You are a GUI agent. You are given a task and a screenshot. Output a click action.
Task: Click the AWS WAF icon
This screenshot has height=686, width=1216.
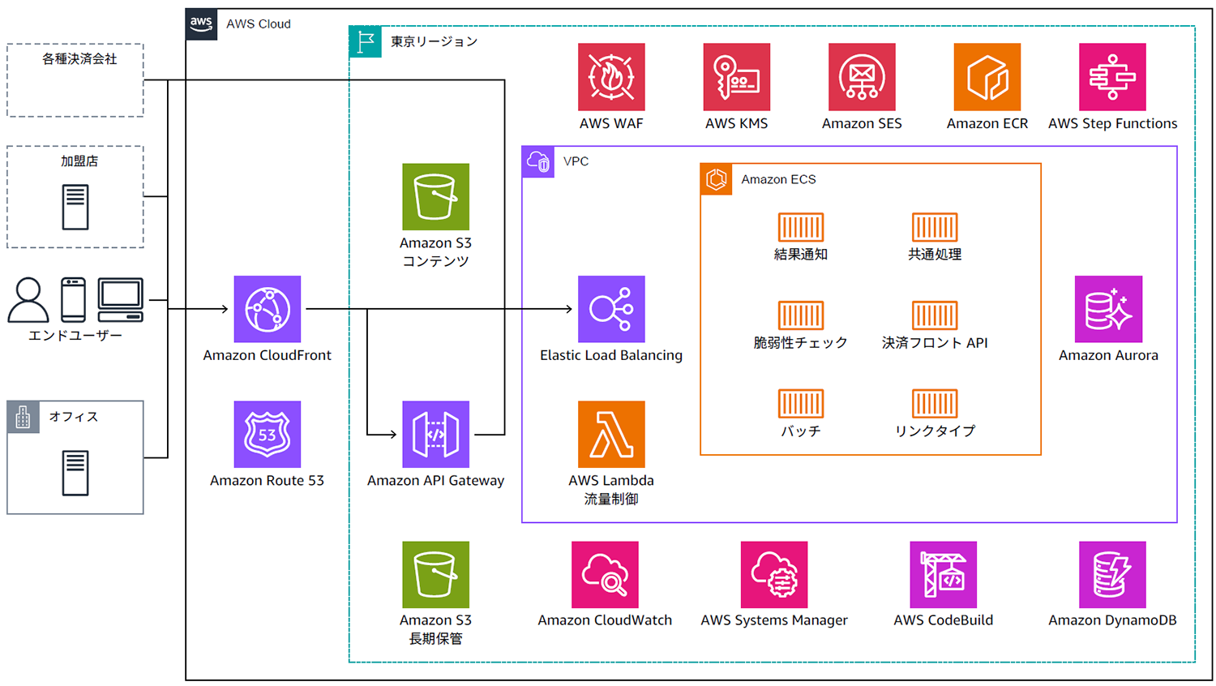tap(611, 77)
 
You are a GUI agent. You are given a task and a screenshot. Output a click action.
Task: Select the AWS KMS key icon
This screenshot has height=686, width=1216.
tap(736, 77)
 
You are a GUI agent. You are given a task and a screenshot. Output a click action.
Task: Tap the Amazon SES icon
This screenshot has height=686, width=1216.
tap(862, 77)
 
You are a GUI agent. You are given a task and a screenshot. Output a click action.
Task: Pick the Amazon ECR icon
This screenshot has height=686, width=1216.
tap(987, 77)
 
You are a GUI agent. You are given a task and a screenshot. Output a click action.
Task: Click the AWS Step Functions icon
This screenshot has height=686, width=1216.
tap(1112, 77)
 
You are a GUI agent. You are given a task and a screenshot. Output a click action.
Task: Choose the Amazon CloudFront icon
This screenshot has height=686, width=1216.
tap(268, 309)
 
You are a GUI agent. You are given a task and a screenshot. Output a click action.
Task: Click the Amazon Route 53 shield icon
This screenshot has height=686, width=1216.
tap(268, 434)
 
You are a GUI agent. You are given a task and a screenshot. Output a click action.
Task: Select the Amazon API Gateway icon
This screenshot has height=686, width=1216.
tap(435, 434)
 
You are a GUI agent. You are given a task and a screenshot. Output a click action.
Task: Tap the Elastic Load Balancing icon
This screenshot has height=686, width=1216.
tap(611, 309)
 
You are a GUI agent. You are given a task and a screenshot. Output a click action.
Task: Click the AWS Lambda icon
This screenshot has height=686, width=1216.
tap(611, 434)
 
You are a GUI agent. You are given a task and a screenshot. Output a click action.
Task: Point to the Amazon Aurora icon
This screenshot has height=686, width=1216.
tap(1108, 309)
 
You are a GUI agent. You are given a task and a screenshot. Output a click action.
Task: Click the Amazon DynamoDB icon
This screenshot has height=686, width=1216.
tap(1112, 574)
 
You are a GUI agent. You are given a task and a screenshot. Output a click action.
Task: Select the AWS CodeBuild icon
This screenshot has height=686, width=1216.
tap(943, 574)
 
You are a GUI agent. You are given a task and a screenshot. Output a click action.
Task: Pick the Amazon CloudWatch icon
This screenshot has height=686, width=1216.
tap(605, 574)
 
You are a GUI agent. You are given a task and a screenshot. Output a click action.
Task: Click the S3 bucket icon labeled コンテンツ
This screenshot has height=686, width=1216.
tap(435, 197)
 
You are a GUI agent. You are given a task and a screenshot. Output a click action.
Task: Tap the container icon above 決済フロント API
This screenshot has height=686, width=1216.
tap(935, 315)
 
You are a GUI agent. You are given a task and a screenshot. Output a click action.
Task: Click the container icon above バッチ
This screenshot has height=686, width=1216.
tap(801, 404)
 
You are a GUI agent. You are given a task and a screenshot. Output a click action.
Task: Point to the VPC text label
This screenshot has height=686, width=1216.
tap(576, 161)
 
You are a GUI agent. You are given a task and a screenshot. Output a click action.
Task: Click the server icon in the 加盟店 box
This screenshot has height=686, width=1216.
tap(75, 207)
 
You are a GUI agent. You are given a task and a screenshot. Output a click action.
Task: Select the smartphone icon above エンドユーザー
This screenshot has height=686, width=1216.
tap(73, 299)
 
